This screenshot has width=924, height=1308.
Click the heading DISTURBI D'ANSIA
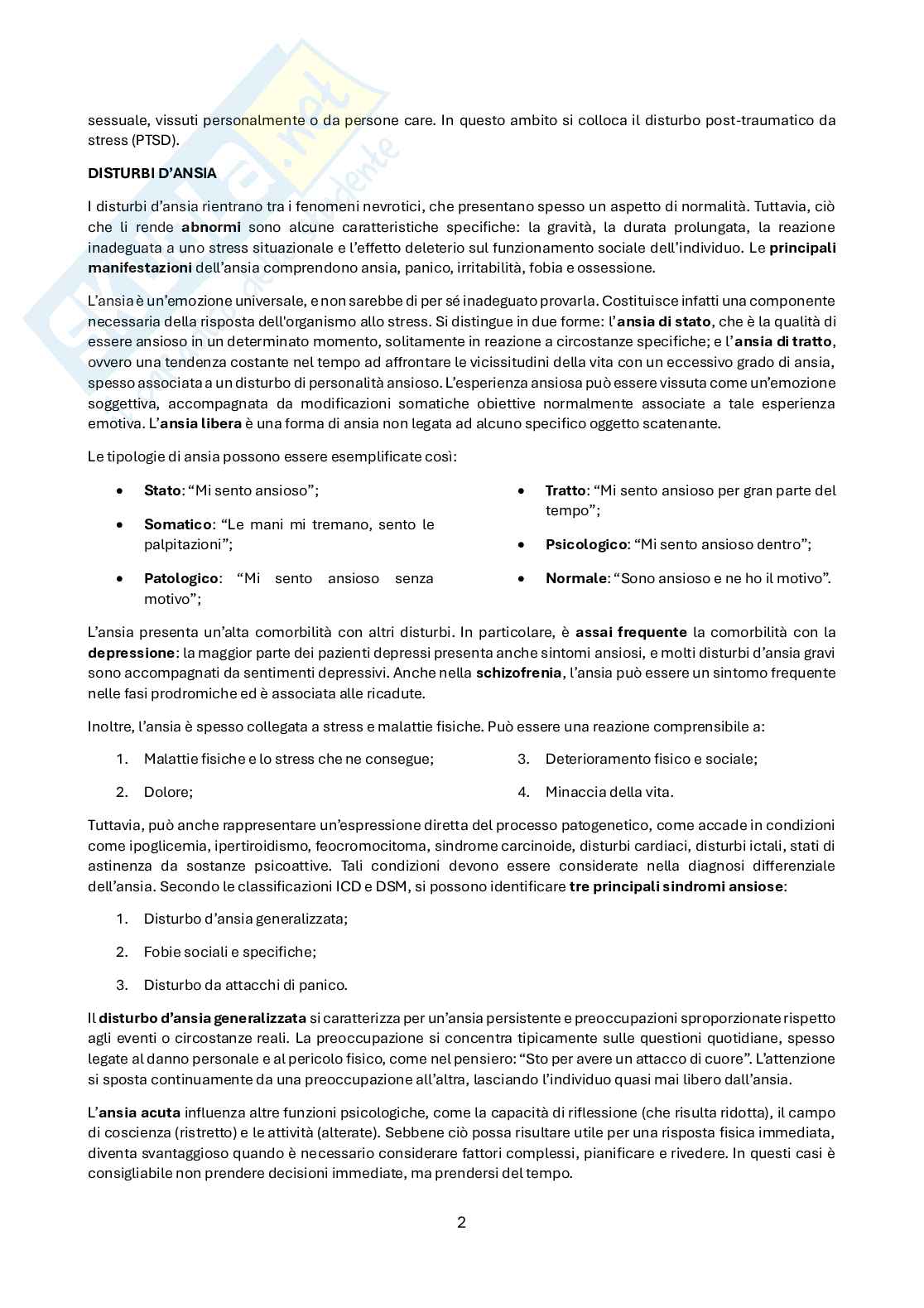coord(152,173)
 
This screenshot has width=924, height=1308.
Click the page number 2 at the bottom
coord(461,1222)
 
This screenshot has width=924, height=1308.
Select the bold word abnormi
coord(211,227)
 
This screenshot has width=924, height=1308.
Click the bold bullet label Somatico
coord(177,524)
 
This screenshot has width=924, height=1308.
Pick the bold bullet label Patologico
coord(181,578)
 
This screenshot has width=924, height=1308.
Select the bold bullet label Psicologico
coord(585,544)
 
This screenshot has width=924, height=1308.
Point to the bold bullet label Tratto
coord(565,490)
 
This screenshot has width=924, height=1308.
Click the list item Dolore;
coord(168,792)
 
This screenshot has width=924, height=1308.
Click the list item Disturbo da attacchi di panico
coord(245,985)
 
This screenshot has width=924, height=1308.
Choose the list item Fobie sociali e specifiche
coord(229,952)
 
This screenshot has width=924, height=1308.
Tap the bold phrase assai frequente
coord(631,632)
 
